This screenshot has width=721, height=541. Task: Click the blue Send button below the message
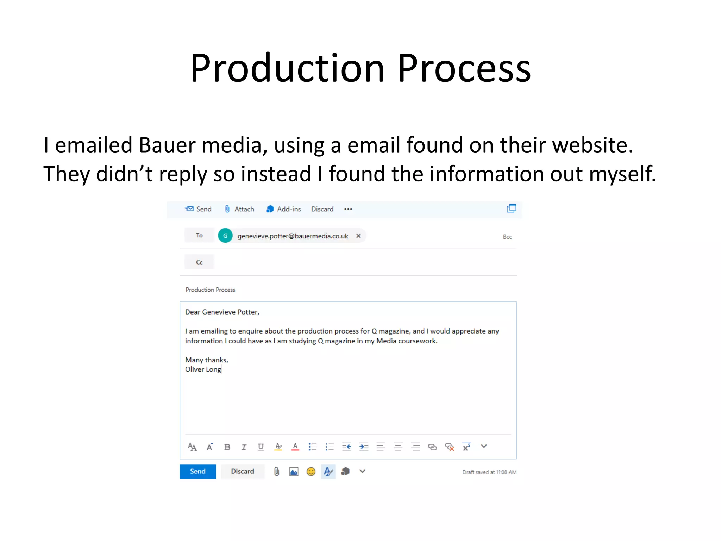pos(198,471)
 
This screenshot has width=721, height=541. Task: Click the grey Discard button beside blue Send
pos(242,471)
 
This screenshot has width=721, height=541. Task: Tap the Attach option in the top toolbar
pos(239,209)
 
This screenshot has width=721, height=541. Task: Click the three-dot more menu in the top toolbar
pos(348,209)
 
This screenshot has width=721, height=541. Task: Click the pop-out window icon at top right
pos(512,209)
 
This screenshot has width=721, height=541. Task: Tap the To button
pos(199,235)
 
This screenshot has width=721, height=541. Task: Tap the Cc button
pos(199,262)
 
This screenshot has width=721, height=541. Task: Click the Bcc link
pos(507,237)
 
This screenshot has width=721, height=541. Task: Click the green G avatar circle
pos(225,236)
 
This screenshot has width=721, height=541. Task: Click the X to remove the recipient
pos(358,236)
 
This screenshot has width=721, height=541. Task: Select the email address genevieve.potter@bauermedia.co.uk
pos(293,236)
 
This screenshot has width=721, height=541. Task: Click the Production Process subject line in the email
pos(211,290)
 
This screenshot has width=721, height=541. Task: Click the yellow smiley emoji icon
pos(311,472)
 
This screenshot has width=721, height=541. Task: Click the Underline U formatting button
pos(261,447)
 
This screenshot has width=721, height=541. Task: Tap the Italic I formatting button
pos(244,447)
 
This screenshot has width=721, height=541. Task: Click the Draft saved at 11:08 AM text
pos(489,472)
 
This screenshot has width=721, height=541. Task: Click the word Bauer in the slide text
pos(167,145)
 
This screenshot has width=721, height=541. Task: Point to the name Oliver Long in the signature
pos(203,369)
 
